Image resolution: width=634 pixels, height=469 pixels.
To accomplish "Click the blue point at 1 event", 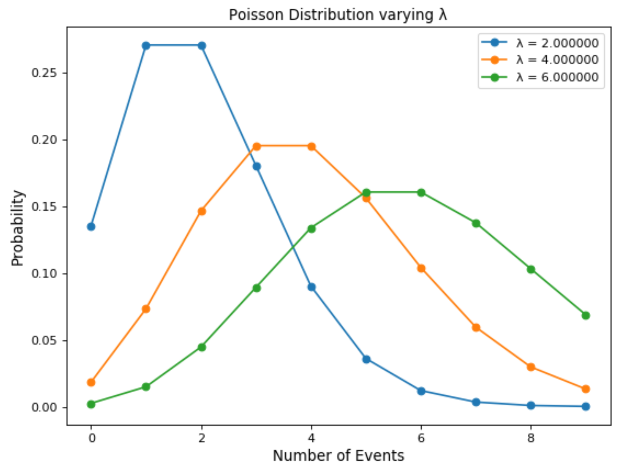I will tap(146, 46).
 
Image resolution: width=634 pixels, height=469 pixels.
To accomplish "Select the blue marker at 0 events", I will tap(91, 226).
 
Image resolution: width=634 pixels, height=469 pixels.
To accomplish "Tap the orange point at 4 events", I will tap(312, 147).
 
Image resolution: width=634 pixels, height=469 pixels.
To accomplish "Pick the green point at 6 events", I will tap(421, 193).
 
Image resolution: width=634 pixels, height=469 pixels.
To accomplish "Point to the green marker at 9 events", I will tap(586, 315).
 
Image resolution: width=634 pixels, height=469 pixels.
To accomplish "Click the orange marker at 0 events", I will tap(91, 383).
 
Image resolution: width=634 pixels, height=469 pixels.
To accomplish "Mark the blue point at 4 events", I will tap(312, 287).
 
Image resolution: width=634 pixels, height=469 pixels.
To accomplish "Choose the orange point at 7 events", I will tap(476, 328).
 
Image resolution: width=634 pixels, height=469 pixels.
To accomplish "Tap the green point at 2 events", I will tap(202, 347).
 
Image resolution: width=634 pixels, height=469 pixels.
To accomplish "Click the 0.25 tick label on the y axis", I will tap(44, 73).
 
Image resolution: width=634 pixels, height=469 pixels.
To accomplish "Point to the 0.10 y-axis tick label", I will tap(44, 274).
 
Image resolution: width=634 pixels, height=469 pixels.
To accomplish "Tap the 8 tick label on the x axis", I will tap(531, 438).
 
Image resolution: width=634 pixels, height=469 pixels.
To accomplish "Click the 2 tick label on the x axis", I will tap(202, 438).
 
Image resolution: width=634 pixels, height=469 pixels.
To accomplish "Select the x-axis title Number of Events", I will tap(338, 456).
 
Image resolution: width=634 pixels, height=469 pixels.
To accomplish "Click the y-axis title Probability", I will tap(18, 228).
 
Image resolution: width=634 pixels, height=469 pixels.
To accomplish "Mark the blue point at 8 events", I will tap(531, 405).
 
